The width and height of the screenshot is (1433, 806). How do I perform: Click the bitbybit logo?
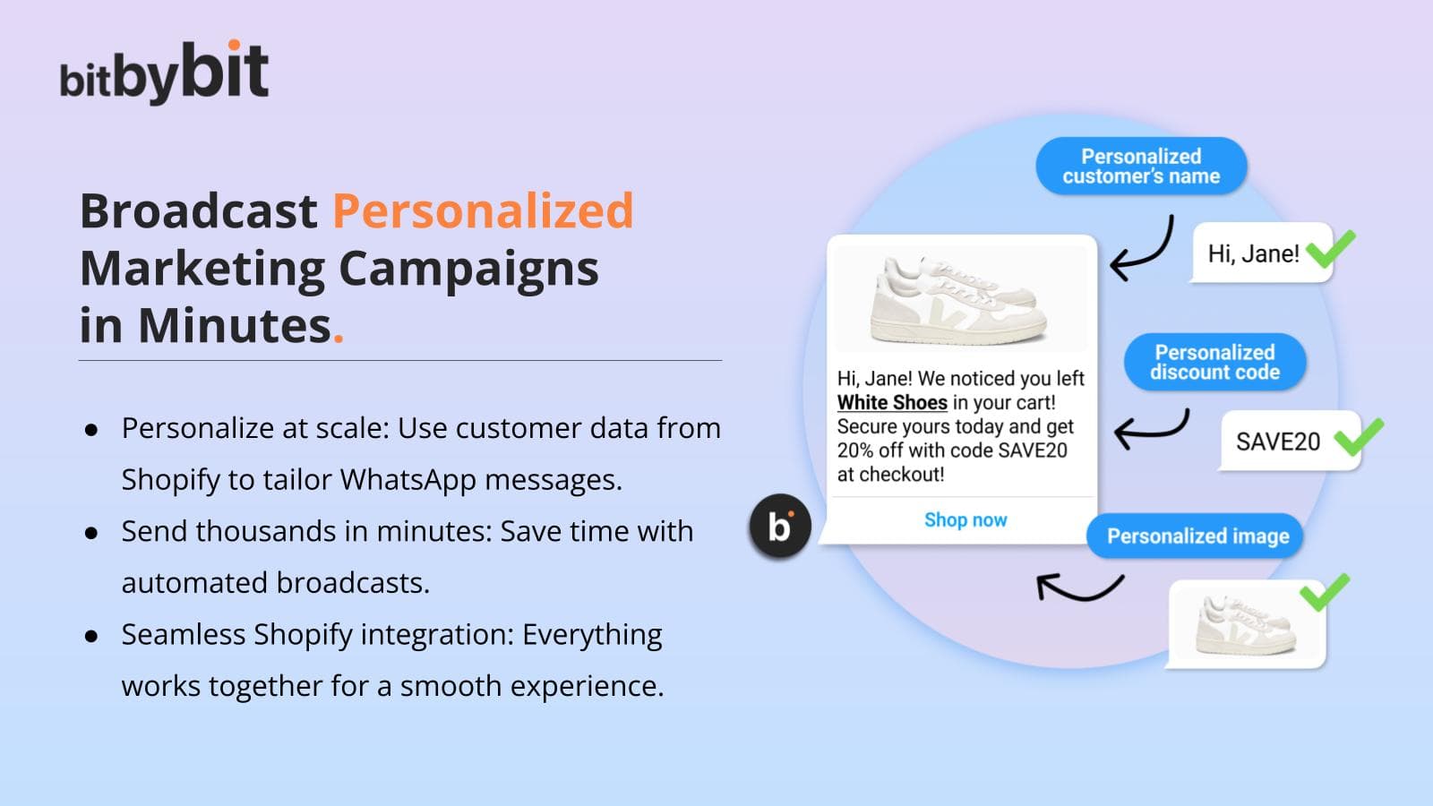pyautogui.click(x=164, y=72)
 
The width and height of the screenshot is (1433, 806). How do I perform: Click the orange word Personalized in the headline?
pyautogui.click(x=483, y=210)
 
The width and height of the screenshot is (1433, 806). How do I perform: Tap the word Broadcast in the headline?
pyautogui.click(x=198, y=210)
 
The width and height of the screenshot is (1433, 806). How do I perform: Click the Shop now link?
pyautogui.click(x=965, y=520)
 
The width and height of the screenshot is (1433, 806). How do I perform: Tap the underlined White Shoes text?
pyautogui.click(x=892, y=403)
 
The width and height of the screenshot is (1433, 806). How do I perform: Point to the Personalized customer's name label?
pyautogui.click(x=1141, y=166)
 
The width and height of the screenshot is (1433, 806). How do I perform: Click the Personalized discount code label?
pyautogui.click(x=1214, y=362)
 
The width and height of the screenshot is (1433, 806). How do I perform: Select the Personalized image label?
pyautogui.click(x=1197, y=536)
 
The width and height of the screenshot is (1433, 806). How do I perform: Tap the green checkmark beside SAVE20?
pyautogui.click(x=1358, y=437)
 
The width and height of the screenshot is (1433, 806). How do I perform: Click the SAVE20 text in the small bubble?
pyautogui.click(x=1277, y=442)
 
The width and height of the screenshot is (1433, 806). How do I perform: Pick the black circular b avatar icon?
pyautogui.click(x=780, y=527)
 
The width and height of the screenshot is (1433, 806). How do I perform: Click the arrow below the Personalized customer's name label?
pyautogui.click(x=1152, y=257)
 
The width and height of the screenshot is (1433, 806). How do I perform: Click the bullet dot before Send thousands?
pyautogui.click(x=91, y=533)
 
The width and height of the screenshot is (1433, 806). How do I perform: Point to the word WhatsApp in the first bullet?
pyautogui.click(x=408, y=480)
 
